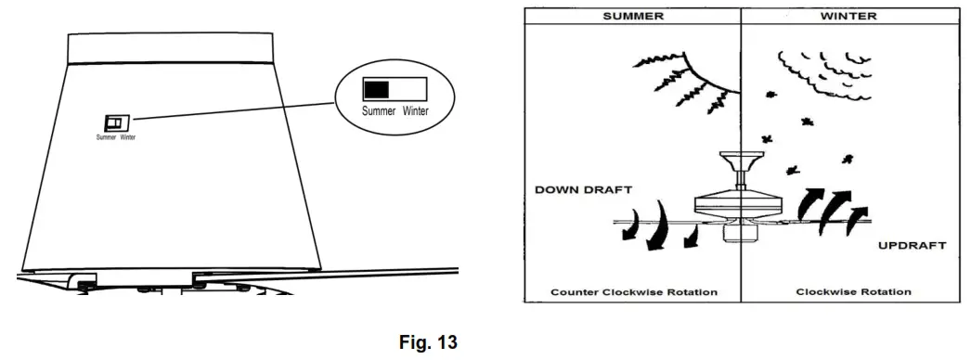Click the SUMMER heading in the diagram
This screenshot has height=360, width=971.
(631, 16)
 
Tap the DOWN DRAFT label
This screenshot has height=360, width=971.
(584, 189)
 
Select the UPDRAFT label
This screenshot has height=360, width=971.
(912, 246)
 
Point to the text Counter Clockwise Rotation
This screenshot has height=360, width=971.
(633, 292)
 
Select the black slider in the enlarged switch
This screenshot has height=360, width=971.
(376, 89)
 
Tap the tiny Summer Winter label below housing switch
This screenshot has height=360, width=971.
(116, 137)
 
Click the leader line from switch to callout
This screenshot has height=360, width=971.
(232, 109)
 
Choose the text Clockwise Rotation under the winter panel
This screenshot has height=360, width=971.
(853, 292)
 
